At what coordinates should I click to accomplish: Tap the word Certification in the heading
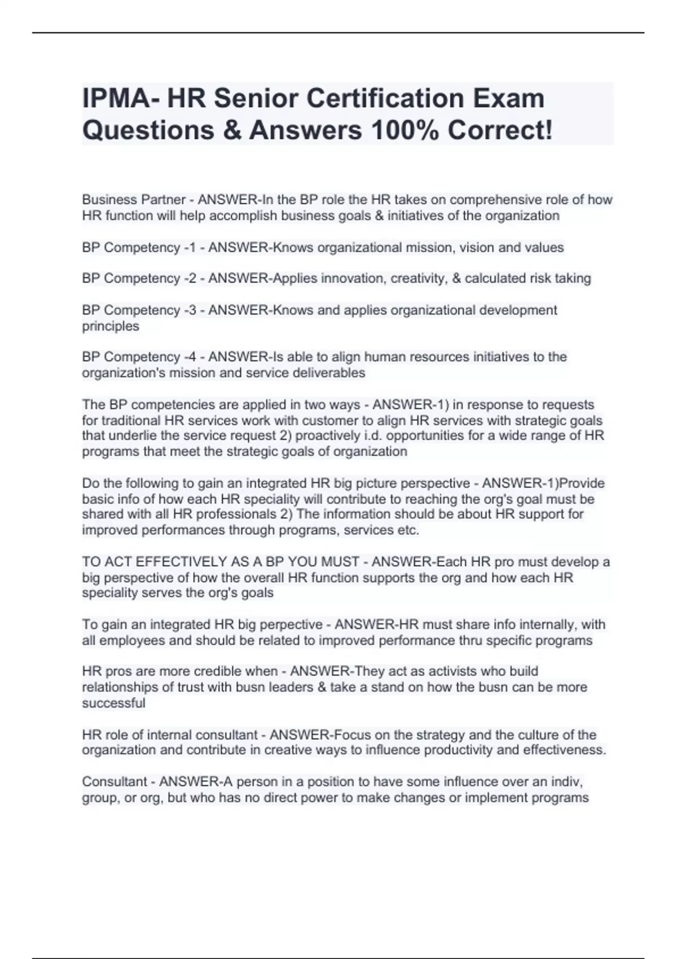(388, 99)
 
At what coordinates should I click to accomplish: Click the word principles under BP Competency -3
(111, 326)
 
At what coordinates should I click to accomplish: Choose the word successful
(113, 703)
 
